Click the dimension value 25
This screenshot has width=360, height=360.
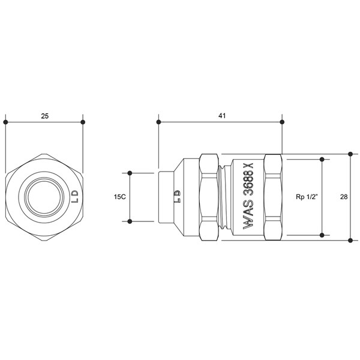point(45,116)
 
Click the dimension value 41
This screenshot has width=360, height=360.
point(222,115)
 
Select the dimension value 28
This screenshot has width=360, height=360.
point(344,197)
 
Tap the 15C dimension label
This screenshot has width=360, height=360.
point(120,197)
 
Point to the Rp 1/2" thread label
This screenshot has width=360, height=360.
point(307,197)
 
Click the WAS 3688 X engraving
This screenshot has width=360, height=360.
point(248,196)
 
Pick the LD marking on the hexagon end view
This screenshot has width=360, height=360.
point(75,197)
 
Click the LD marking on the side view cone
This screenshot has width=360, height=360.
point(178,196)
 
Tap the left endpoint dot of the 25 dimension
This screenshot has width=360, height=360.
point(5,122)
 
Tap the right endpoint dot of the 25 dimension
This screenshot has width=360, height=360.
point(83,122)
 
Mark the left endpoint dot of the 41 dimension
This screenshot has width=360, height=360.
point(158,122)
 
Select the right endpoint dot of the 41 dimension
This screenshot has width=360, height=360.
point(282,122)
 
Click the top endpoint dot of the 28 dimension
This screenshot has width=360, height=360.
point(350,154)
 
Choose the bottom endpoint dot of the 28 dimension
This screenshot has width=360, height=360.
point(350,241)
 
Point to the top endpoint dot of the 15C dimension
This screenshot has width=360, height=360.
point(130,173)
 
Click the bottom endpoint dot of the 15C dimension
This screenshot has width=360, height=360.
point(130,221)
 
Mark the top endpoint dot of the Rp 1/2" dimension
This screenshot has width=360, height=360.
point(322,159)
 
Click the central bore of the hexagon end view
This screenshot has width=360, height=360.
point(44,197)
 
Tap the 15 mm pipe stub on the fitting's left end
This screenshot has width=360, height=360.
point(166,197)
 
